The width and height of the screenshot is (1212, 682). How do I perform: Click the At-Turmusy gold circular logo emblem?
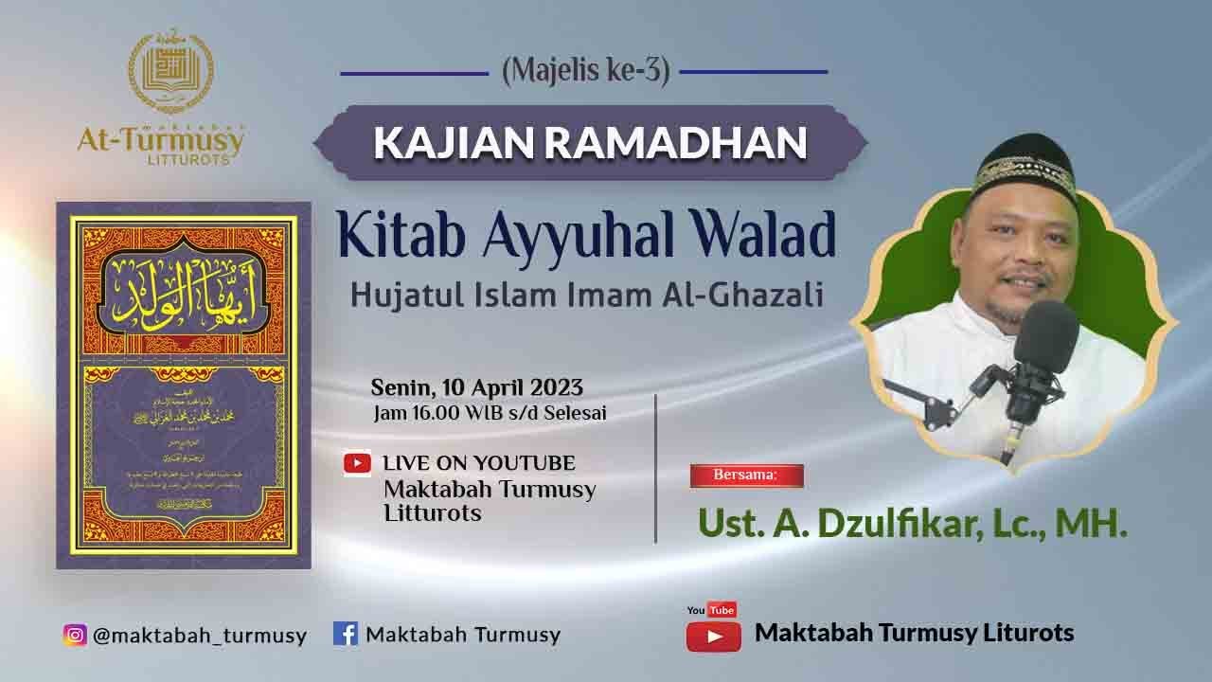[x=170, y=73]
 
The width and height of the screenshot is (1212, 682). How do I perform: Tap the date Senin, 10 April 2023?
[x=476, y=387]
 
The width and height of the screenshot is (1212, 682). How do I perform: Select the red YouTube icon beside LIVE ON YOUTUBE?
[x=357, y=463]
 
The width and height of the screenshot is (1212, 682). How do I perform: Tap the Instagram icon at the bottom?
[x=75, y=635]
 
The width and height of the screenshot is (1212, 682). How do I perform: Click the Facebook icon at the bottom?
[x=345, y=634]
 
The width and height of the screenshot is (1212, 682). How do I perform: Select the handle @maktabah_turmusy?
[x=199, y=636]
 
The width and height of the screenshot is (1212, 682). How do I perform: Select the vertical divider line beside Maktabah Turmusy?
[x=656, y=469]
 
